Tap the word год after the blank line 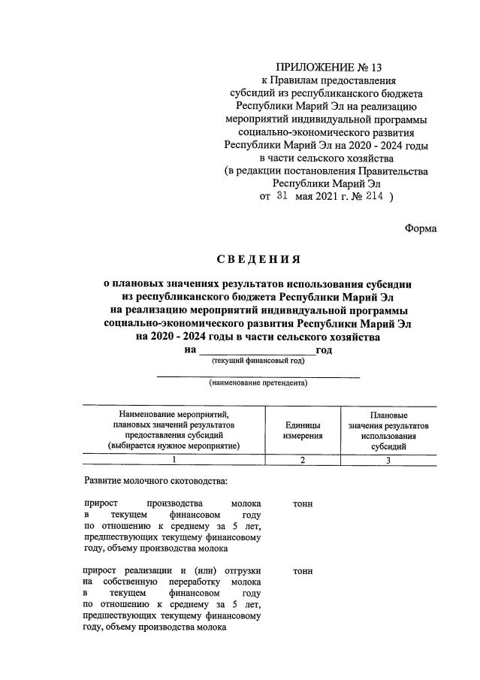[325, 350]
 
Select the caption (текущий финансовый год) [258, 361]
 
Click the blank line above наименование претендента [258, 376]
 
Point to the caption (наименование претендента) [258, 384]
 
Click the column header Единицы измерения [303, 430]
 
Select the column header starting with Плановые [388, 430]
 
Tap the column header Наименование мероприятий [174, 430]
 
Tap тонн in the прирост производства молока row [303, 503]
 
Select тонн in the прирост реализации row [303, 572]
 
